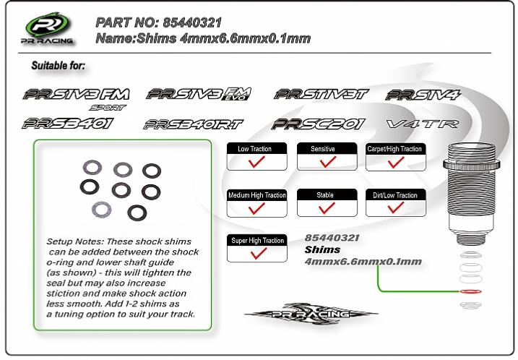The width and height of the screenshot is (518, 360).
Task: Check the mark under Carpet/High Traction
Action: [x=394, y=163]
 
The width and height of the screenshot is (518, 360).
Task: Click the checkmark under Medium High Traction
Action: [x=256, y=208]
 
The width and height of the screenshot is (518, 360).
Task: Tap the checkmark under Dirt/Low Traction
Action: [x=394, y=208]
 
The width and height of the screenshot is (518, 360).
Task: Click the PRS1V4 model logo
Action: [x=423, y=95]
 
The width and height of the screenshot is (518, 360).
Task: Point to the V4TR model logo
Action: [x=423, y=124]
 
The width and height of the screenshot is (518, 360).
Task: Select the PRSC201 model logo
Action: [x=319, y=124]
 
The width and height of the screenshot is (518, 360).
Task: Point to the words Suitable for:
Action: [x=58, y=66]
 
